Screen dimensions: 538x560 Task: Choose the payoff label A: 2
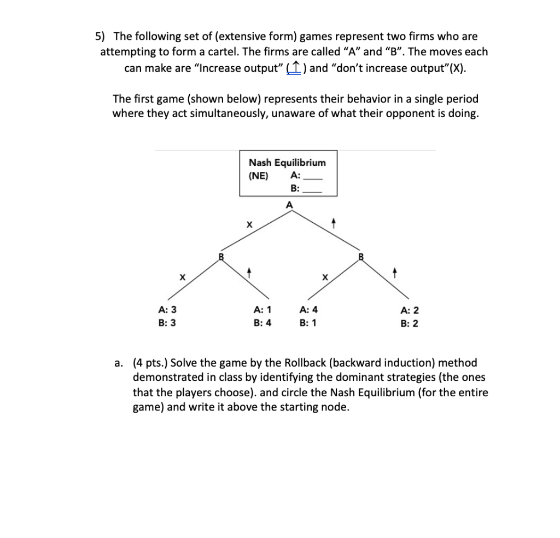[410, 310]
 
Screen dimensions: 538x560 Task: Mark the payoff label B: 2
[410, 323]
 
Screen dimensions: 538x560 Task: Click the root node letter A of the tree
[289, 204]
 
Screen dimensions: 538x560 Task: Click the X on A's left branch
[249, 224]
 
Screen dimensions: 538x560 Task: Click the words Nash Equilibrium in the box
[287, 163]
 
